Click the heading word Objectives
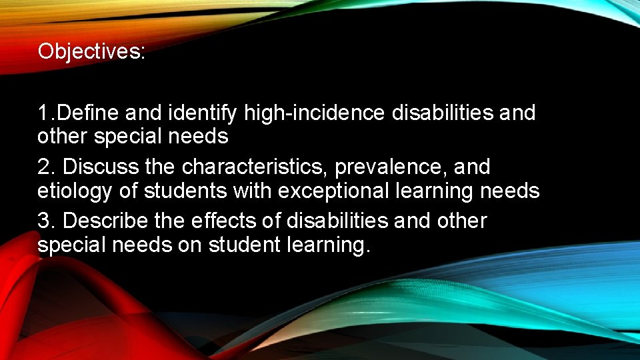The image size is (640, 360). (x=91, y=51)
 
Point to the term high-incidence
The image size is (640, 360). (x=315, y=113)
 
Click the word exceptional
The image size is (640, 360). (x=335, y=191)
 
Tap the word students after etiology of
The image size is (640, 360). (x=187, y=191)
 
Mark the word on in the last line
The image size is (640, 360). (x=190, y=245)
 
